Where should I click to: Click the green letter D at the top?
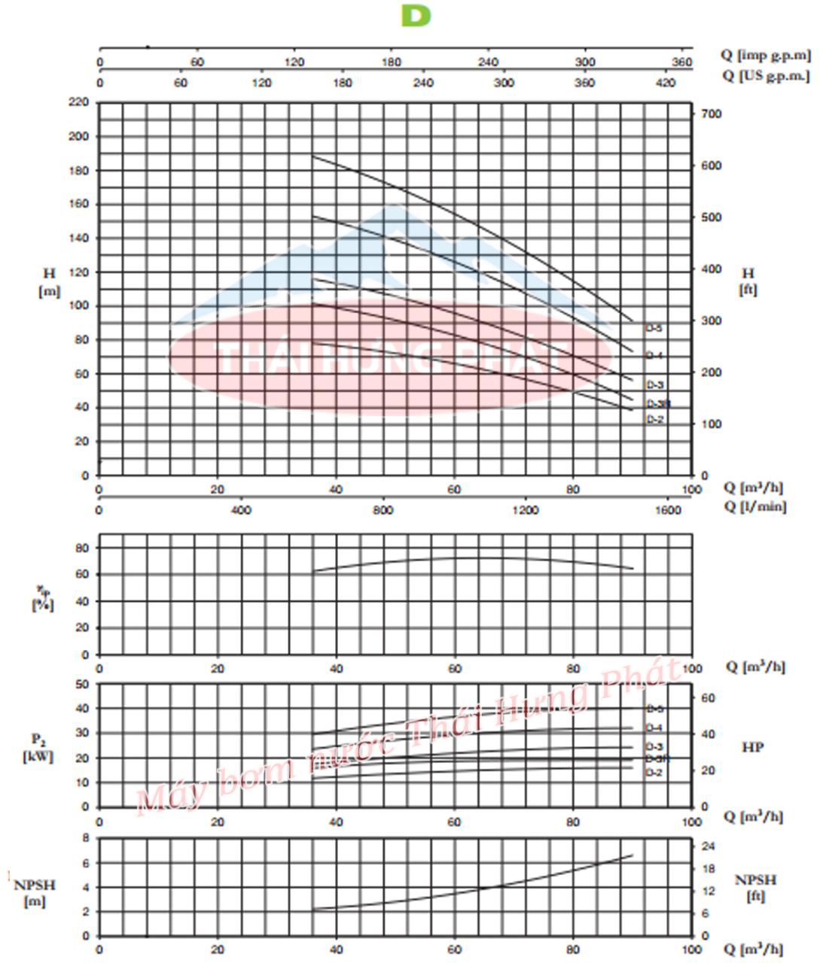pyautogui.click(x=416, y=16)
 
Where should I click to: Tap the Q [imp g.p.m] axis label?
pyautogui.click(x=765, y=55)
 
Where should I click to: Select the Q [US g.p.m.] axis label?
pyautogui.click(x=765, y=75)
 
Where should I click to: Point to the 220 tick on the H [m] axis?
pyautogui.click(x=79, y=102)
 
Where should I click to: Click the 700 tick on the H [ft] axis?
pyautogui.click(x=712, y=114)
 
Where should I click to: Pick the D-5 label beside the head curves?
pyautogui.click(x=654, y=328)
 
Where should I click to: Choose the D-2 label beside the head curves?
pyautogui.click(x=654, y=419)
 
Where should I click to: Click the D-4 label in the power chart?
pyautogui.click(x=654, y=728)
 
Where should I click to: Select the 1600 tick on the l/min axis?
pyautogui.click(x=667, y=510)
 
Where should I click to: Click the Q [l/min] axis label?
pyautogui.click(x=754, y=506)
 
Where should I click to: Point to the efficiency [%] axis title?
pyautogui.click(x=42, y=599)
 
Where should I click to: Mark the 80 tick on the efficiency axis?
pyautogui.click(x=81, y=548)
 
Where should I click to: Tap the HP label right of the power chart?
pyautogui.click(x=753, y=747)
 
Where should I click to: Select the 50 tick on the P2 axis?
pyautogui.click(x=81, y=684)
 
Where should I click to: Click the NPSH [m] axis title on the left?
pyautogui.click(x=35, y=892)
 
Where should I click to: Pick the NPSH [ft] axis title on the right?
pyautogui.click(x=755, y=888)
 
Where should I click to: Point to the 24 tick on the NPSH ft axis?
pyautogui.click(x=708, y=846)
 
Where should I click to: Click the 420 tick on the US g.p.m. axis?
pyautogui.click(x=666, y=83)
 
